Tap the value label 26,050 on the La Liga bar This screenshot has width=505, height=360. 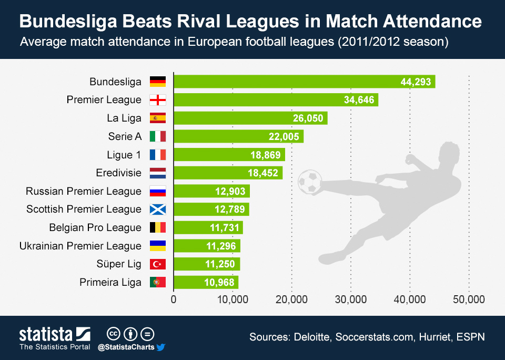pos(308,118)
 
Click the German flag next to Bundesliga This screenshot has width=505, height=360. pos(158,82)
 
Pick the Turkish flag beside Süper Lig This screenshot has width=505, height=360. pos(158,264)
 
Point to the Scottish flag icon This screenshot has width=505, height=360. pos(158,209)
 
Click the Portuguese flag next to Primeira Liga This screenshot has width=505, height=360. pos(158,283)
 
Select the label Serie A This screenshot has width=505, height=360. pos(125,136)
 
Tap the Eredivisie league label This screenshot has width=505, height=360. pos(119,173)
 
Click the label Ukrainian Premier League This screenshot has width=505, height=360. pos(80,246)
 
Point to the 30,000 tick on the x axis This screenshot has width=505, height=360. pos(351,299)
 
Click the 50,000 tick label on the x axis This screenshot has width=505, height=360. pos(468,299)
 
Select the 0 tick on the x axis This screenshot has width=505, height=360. pos(174,299)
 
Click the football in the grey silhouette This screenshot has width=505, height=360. pos(309,182)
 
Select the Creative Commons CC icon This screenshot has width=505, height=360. pos(113,334)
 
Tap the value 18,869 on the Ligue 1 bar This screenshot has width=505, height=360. pos(265,155)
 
